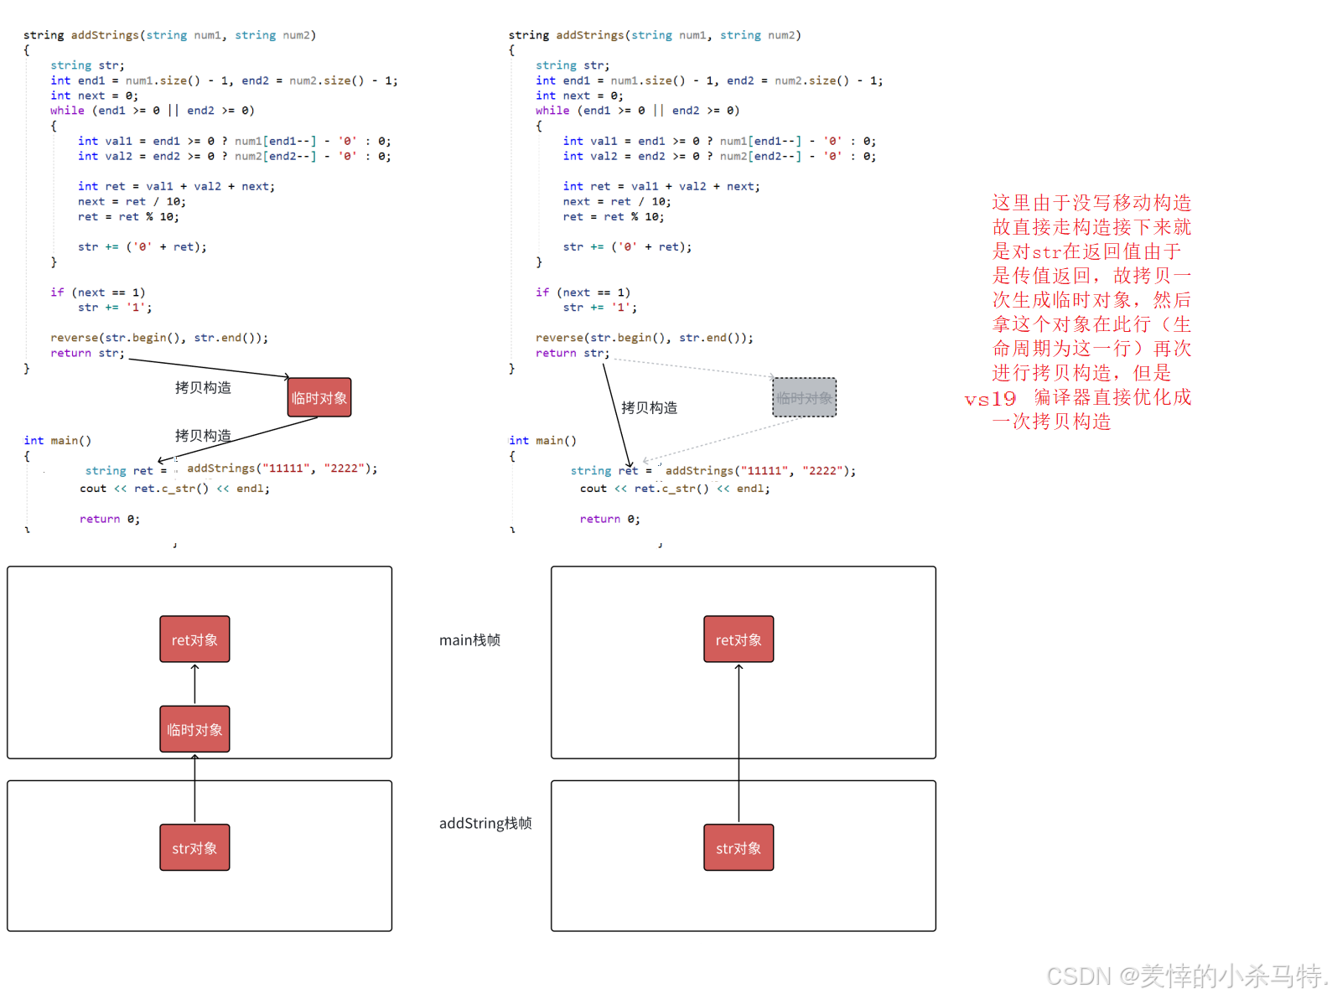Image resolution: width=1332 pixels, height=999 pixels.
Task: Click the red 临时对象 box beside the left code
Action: coord(319,397)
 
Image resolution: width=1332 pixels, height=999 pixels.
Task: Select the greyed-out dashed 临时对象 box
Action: coord(804,397)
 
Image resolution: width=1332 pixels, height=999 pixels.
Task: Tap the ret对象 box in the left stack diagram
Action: coord(194,639)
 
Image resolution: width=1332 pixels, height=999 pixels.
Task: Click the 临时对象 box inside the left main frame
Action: coord(194,729)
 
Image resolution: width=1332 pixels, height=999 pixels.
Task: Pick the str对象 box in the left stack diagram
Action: coord(194,847)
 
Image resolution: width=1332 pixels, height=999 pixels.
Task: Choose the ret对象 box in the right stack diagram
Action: coord(739,639)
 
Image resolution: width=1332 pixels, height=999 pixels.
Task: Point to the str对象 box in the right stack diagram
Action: coord(739,847)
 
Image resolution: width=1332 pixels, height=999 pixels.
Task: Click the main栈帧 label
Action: coord(469,640)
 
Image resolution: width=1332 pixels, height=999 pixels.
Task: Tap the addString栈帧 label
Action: coord(485,823)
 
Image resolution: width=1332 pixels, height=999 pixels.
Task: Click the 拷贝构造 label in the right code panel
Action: coord(649,408)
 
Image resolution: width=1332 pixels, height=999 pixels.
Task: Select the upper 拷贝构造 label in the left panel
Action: coord(203,387)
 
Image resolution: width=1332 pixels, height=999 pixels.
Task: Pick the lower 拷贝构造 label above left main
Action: coord(203,435)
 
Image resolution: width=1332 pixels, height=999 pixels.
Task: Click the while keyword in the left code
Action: coord(67,111)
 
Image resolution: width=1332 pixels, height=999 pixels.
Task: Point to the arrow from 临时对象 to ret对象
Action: coord(194,684)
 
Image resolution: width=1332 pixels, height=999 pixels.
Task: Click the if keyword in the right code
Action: coord(542,292)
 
